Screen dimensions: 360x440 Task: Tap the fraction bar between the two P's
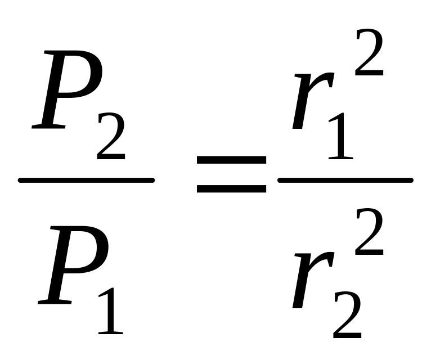pos(86,180)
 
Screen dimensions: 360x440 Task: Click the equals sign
pos(231,175)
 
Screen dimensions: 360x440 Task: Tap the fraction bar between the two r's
pos(345,180)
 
